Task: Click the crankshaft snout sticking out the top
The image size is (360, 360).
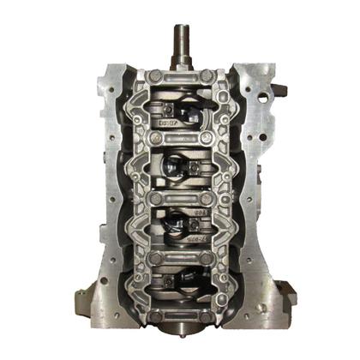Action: tap(183, 42)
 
